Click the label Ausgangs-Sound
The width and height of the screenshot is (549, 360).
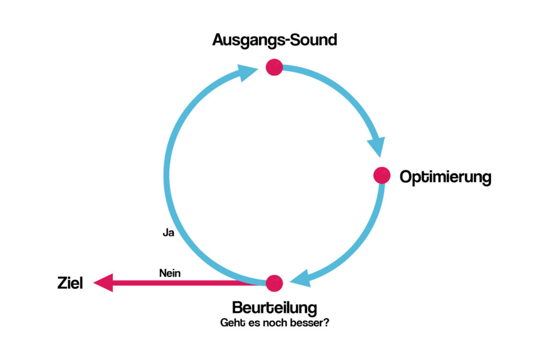pos(274,40)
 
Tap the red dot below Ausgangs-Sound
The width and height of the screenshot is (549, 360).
pos(274,67)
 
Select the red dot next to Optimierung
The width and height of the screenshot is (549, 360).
pos(381,175)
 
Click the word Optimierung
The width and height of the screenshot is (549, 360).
pos(446,177)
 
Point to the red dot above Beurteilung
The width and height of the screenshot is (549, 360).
pos(274,283)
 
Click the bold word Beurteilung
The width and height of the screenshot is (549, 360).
pos(274,308)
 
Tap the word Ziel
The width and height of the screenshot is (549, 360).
pos(70,283)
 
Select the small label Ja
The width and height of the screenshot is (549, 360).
pos(168,233)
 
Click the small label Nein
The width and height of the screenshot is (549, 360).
pos(170,273)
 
